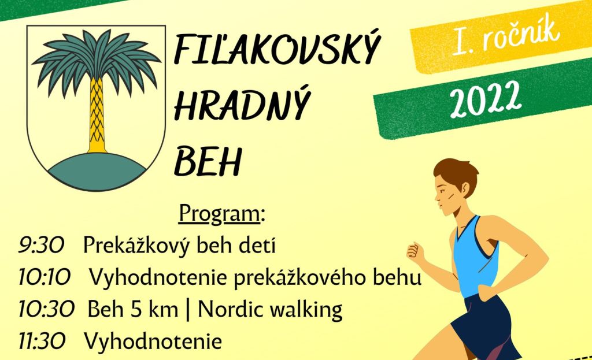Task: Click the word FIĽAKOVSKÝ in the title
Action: [x=276, y=49]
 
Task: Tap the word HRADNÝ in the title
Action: [x=242, y=103]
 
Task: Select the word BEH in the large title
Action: [x=208, y=162]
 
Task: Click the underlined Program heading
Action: [x=219, y=214]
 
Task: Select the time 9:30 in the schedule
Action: [x=41, y=245]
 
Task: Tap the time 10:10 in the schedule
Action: [x=45, y=278]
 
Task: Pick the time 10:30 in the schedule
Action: [x=47, y=309]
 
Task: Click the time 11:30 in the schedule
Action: [x=42, y=342]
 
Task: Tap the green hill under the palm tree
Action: [x=97, y=172]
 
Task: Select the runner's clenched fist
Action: [x=414, y=251]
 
